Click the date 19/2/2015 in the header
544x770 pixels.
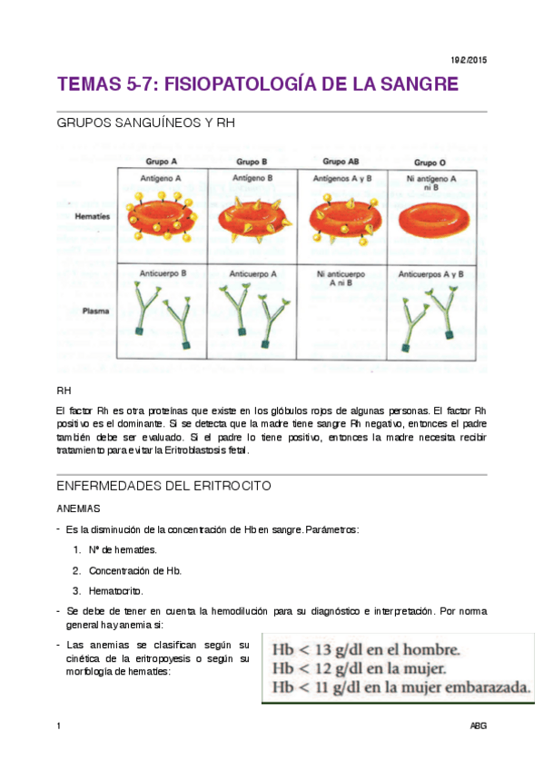(x=470, y=59)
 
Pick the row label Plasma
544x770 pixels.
(x=96, y=311)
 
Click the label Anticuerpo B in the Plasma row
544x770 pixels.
(x=163, y=272)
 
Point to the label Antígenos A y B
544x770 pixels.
(x=341, y=179)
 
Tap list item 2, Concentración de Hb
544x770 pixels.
(x=134, y=570)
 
